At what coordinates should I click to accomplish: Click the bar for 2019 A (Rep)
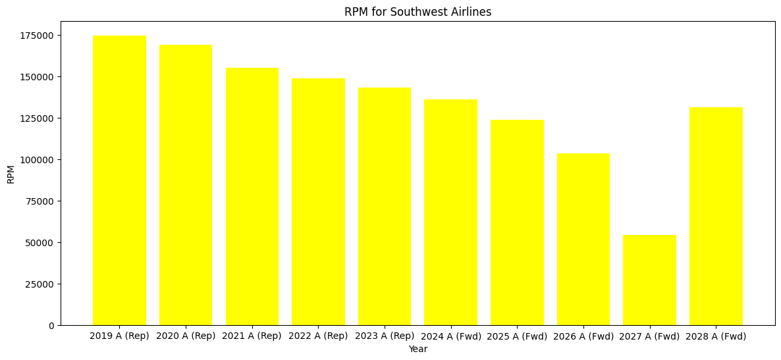119,180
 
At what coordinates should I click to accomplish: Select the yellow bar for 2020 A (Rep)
186,185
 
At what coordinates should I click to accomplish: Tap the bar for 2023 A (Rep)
385,207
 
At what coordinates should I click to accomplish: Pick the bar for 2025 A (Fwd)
517,222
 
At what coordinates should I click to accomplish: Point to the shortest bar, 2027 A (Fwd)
649,280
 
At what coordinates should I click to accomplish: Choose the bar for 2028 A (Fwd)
716,216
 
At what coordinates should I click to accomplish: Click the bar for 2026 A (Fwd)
583,239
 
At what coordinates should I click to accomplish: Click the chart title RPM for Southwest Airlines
417,12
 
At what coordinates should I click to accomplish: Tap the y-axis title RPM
11,174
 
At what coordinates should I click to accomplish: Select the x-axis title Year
417,349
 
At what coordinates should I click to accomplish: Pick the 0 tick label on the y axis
51,326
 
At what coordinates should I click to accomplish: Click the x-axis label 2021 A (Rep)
252,336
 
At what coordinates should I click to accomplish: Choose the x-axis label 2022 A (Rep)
318,336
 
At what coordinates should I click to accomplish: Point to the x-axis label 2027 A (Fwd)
649,336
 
